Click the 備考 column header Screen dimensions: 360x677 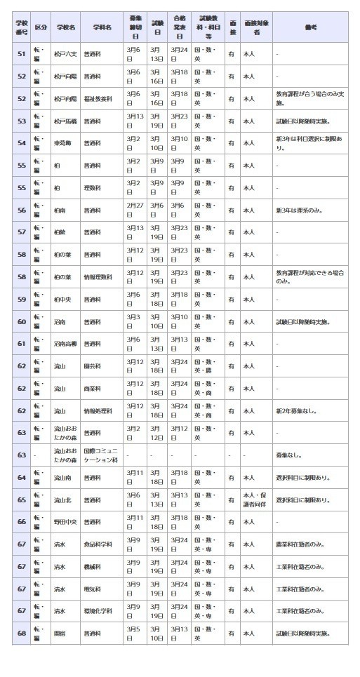(x=310, y=27)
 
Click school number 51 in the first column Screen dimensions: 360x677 (x=21, y=54)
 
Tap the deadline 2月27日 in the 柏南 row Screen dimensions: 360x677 (x=134, y=210)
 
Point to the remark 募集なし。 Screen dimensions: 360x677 (x=288, y=455)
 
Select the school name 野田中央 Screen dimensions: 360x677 (x=65, y=521)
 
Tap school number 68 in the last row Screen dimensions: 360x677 (x=21, y=633)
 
